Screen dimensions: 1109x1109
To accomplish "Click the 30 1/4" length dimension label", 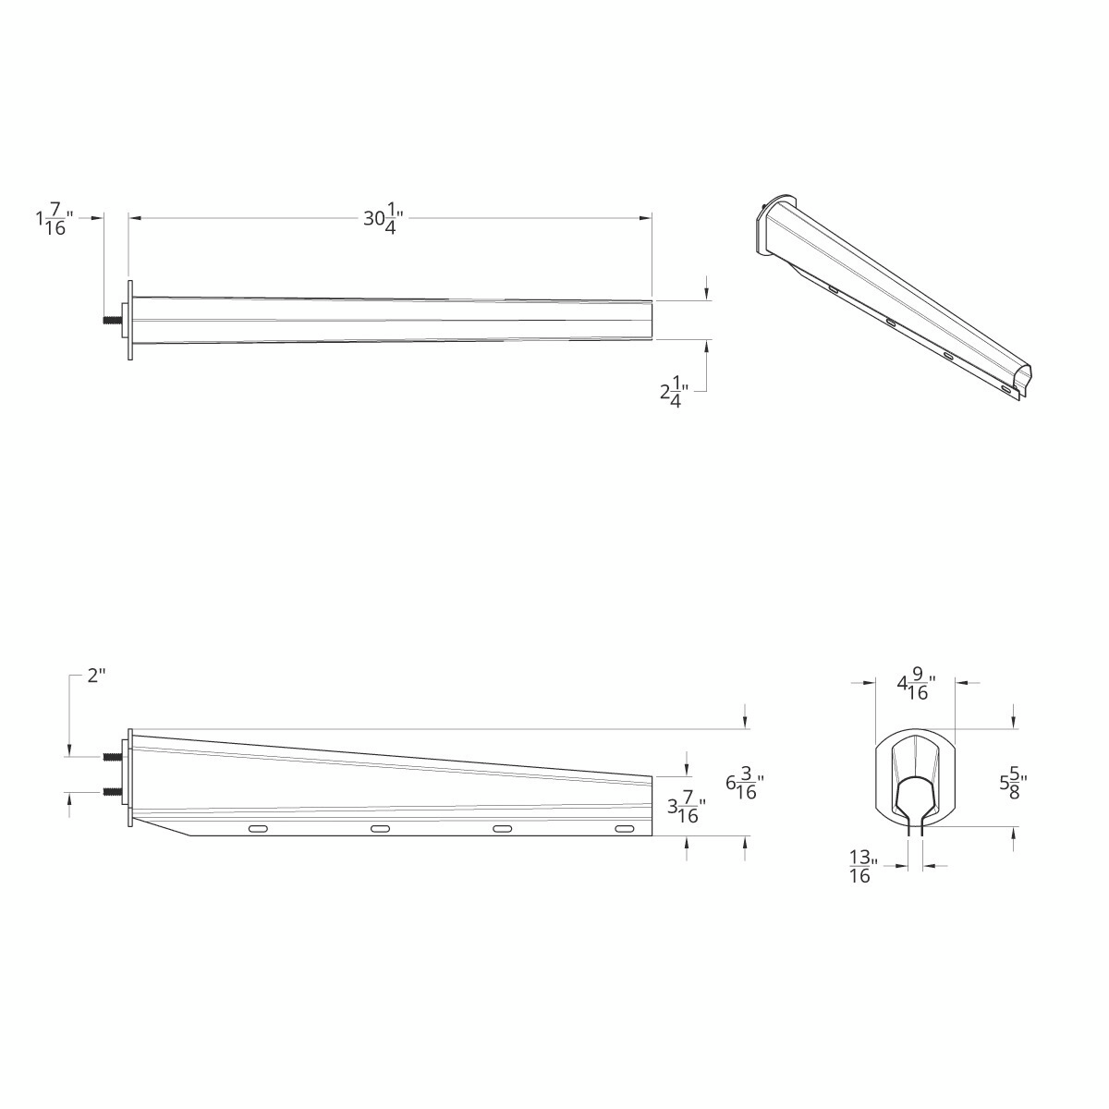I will (383, 220).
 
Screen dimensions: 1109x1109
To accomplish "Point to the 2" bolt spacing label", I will (96, 676).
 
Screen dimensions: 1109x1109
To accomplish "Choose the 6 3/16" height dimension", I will (745, 786).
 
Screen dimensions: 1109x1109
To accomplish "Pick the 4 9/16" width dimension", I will (915, 686).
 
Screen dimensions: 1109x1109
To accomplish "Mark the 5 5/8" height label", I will (1013, 785).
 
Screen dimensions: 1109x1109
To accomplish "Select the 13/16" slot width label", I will (860, 868).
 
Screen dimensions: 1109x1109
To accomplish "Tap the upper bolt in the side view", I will (110, 756).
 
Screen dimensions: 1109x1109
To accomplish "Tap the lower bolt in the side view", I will (110, 791).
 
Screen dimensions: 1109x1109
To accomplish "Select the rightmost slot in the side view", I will (625, 829).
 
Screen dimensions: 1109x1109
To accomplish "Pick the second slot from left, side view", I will (380, 829).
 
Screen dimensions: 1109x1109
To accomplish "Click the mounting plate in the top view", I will (130, 321).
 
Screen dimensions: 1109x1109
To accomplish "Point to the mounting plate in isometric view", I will (769, 225).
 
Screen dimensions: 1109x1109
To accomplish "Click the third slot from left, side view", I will (502, 829).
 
